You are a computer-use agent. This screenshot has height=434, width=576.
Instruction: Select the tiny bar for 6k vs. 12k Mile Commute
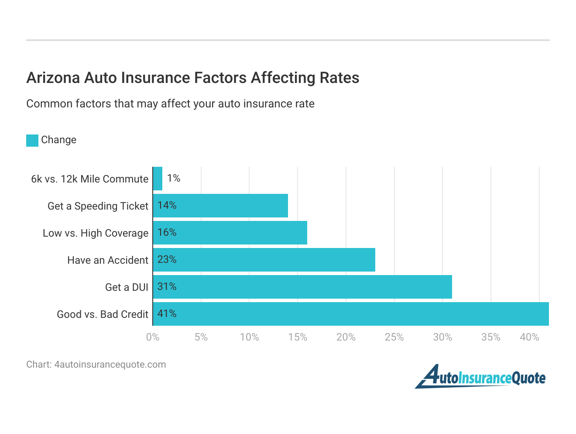click(x=158, y=179)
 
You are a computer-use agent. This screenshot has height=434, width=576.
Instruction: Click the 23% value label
click(x=167, y=260)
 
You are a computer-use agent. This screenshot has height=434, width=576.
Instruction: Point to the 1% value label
click(x=174, y=178)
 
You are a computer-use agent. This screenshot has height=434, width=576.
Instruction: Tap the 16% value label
click(x=167, y=233)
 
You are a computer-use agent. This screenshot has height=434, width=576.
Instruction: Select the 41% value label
click(x=167, y=314)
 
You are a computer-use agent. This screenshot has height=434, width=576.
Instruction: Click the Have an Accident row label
click(x=108, y=260)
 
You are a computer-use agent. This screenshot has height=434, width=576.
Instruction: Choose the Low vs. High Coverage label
click(x=96, y=233)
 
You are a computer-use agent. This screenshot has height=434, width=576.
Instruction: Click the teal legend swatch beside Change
click(x=32, y=141)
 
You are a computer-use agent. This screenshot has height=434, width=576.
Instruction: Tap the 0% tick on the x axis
click(x=153, y=337)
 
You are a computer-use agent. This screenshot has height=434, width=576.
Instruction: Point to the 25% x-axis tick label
click(x=394, y=337)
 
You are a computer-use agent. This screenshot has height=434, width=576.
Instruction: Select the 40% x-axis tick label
click(x=529, y=337)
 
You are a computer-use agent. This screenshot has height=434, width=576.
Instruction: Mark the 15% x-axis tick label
click(x=298, y=337)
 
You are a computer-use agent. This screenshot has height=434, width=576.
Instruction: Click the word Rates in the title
click(x=339, y=78)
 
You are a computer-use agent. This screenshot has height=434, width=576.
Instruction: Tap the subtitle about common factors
click(x=170, y=104)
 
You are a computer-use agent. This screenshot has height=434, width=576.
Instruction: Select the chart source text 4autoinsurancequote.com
click(x=110, y=365)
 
